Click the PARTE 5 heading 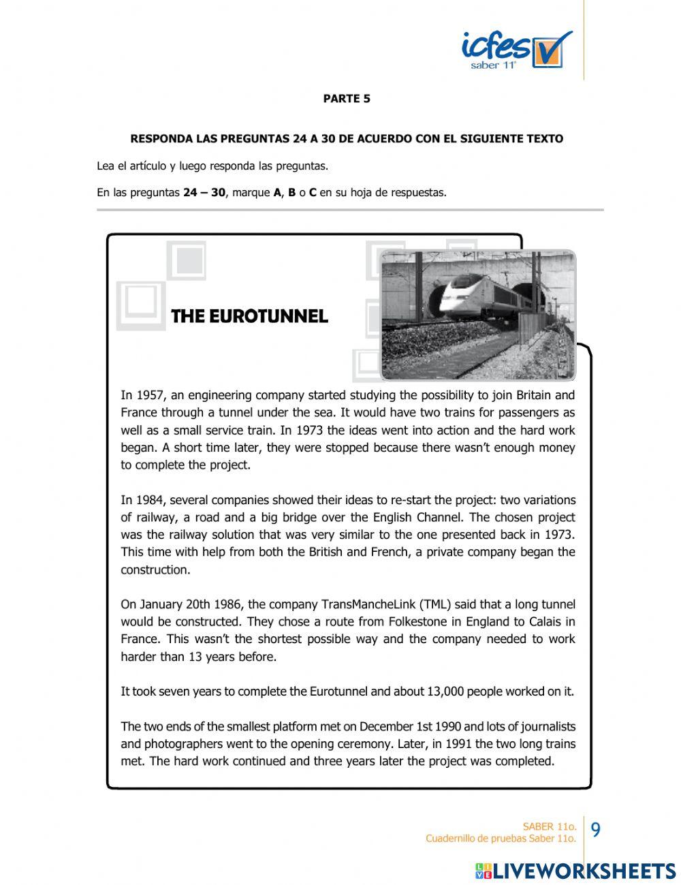[347, 99]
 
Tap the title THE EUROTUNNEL [249, 316]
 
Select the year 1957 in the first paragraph [150, 395]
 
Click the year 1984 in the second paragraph [150, 500]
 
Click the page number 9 [595, 830]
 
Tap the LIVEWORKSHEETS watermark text [584, 871]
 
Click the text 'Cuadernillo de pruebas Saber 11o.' [501, 839]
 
